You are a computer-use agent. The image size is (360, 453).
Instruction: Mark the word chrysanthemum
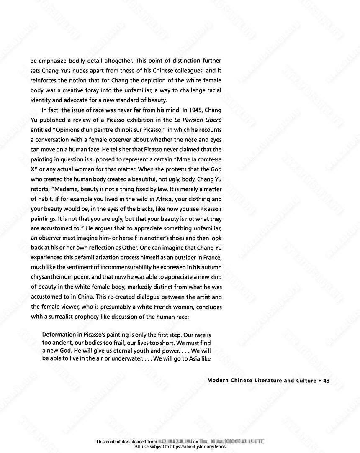click(x=52, y=277)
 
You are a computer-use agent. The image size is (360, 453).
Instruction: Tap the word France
click(x=211, y=258)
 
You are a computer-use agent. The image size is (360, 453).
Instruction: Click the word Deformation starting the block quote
click(x=61, y=335)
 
